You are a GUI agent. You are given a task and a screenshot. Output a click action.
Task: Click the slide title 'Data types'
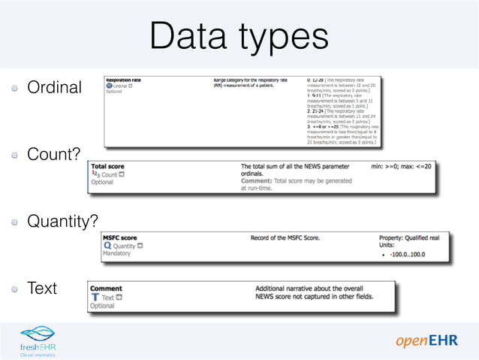[x=239, y=35]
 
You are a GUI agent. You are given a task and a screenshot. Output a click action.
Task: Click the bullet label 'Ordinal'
[x=54, y=88]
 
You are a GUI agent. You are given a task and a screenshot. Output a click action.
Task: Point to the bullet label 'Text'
[x=42, y=288]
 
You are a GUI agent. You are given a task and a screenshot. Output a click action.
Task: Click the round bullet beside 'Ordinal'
[x=15, y=88]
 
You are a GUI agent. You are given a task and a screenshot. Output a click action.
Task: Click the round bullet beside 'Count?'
[x=15, y=155]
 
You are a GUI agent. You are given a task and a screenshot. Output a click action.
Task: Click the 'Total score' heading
[x=107, y=166]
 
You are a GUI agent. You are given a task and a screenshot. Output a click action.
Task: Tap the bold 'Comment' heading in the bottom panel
[x=106, y=288]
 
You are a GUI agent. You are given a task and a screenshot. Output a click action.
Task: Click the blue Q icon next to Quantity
[x=107, y=246]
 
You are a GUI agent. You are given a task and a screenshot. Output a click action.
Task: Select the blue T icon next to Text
[x=95, y=297]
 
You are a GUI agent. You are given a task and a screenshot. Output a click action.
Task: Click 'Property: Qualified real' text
[x=414, y=237]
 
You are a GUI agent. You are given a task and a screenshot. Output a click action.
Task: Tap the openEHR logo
[x=426, y=341]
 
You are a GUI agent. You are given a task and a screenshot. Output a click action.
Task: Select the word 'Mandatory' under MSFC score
[x=116, y=253]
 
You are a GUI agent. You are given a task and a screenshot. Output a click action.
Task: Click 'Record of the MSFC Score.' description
[x=285, y=237]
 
